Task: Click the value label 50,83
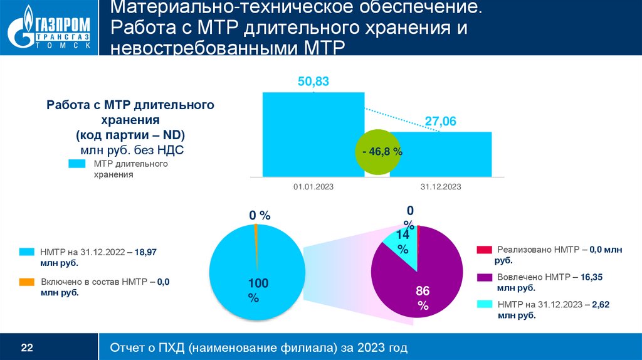click(313, 82)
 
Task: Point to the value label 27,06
click(440, 120)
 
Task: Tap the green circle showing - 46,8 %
click(382, 152)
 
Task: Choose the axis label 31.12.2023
click(440, 187)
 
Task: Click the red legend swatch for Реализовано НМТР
click(484, 250)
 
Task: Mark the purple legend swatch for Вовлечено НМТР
click(484, 277)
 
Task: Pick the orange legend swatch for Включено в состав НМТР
click(26, 282)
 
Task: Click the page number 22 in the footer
click(27, 347)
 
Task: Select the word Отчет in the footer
click(129, 347)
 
